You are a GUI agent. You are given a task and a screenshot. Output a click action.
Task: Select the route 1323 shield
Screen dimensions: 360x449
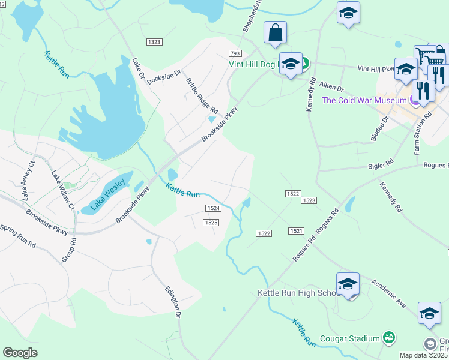point(154,41)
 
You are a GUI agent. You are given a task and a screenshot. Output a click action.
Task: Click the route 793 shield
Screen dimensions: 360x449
point(235,53)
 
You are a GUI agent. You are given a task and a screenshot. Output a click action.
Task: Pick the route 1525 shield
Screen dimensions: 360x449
point(210,222)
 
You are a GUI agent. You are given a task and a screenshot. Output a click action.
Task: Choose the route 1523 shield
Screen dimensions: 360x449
point(309,200)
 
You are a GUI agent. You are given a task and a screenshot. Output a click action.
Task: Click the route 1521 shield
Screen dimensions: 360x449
point(295,231)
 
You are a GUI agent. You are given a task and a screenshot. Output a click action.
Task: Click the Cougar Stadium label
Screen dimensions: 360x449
point(349,338)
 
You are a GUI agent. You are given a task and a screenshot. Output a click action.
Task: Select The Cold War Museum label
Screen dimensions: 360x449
point(364,100)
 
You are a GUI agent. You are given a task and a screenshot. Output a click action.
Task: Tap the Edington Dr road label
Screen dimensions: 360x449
point(173,301)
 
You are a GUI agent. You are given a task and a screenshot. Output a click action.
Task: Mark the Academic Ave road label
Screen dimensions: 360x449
point(388,293)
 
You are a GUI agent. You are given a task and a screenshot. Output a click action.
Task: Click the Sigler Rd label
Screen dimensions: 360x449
point(382,163)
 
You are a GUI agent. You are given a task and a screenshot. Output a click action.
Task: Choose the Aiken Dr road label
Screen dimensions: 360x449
point(331,88)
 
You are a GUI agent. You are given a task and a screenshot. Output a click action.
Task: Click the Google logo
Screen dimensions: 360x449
point(20,353)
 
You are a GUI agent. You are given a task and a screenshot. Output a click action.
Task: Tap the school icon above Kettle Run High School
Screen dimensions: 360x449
point(348,283)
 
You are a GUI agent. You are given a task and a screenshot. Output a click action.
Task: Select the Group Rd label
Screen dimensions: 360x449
point(70,250)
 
